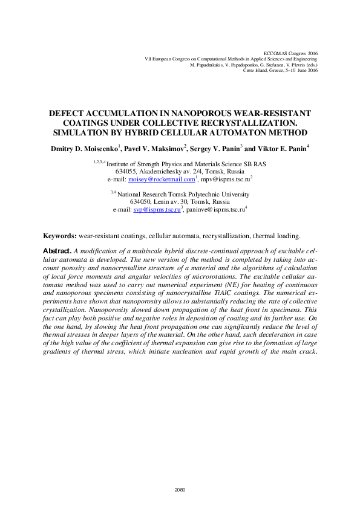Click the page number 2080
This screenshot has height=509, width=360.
180,490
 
